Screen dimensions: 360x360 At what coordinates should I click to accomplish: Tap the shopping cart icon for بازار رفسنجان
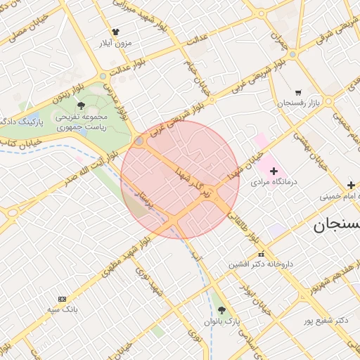click(298, 92)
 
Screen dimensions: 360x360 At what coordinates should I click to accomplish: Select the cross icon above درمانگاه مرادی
click(274, 170)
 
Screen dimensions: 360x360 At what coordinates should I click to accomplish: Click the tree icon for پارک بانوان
click(222, 310)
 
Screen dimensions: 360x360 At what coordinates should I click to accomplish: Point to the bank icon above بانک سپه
click(62, 299)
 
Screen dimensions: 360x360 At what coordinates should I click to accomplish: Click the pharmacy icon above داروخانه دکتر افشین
click(262, 255)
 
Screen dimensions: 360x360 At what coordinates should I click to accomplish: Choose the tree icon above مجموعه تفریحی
click(82, 105)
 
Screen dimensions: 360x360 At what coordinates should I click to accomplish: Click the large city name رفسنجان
click(336, 225)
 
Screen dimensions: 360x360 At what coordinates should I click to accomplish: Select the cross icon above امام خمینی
click(351, 185)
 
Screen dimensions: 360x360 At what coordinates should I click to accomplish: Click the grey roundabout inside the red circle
click(139, 141)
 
